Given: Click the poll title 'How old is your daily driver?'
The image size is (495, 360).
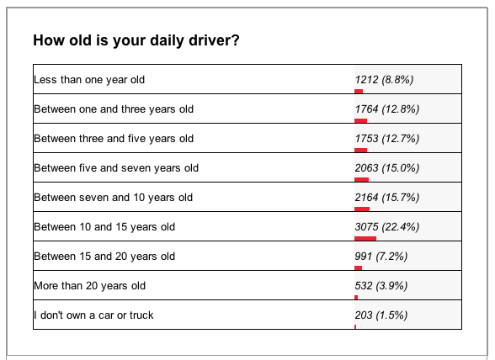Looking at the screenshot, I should pos(136,40).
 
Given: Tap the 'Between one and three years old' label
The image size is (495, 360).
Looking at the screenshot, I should pos(113,109).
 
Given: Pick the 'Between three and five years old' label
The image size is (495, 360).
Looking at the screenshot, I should pos(113,138).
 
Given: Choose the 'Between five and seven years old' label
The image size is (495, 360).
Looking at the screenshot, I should pos(115,167).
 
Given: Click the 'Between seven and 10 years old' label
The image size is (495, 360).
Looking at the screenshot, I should pos(113,197).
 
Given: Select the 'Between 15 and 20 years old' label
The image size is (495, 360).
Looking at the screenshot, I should pos(104,256).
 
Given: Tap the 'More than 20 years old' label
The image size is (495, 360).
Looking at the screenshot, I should pos(89,285).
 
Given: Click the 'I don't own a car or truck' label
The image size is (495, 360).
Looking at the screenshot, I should pos(93,315).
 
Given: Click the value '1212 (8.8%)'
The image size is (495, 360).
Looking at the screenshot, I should pos(385,79).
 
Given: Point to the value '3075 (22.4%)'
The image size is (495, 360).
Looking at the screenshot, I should pos(387,226).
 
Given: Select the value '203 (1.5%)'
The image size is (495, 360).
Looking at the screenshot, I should pos(381,315).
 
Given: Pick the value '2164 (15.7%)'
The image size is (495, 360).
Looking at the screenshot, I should pos(387,197).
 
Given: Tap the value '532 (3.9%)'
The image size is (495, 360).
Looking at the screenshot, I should pos(381,285).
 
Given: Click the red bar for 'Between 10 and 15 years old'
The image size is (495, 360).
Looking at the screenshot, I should pos(365,238).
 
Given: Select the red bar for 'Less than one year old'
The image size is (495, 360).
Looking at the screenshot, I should pos(359,91).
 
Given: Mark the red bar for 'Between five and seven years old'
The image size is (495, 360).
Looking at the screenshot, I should pos(362,179).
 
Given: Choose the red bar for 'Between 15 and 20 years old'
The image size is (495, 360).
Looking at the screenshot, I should pos(358,267).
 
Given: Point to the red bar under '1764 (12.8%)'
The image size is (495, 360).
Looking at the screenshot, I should pos(360,120).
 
